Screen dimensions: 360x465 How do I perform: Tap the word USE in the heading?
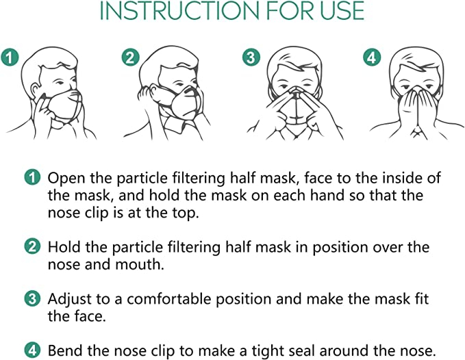[340, 12]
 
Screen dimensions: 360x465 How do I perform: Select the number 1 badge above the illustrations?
[9, 58]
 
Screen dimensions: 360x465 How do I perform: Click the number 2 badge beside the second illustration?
[129, 58]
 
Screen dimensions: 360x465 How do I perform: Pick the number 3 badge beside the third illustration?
[251, 58]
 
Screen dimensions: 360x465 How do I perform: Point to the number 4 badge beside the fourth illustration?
[372, 58]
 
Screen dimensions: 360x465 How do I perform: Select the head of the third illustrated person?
[295, 72]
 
